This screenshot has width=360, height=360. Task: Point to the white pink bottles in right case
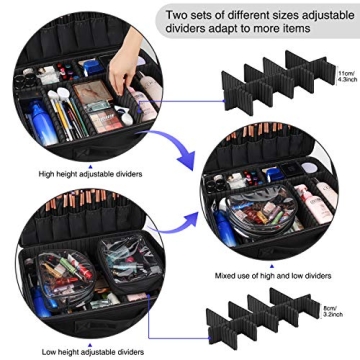tap(319, 200)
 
